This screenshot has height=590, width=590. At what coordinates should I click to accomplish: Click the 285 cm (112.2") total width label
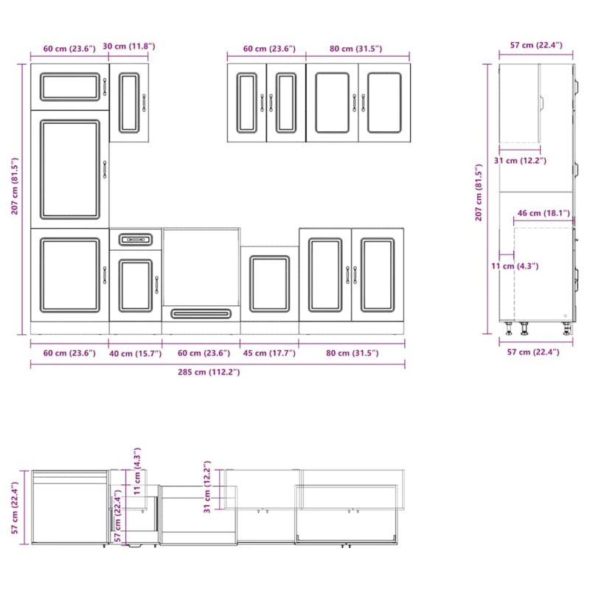[209, 372]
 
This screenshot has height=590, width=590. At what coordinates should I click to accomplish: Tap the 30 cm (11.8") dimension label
[128, 46]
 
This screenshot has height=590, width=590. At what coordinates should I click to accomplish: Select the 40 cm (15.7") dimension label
[136, 353]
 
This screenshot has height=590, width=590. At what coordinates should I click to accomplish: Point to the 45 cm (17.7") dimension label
[269, 353]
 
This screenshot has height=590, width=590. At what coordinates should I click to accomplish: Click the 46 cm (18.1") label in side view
[544, 213]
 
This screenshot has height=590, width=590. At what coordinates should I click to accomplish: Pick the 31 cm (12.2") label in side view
[520, 161]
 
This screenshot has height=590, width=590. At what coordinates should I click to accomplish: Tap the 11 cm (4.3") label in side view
[515, 266]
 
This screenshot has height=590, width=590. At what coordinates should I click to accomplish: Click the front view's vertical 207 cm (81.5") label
[15, 186]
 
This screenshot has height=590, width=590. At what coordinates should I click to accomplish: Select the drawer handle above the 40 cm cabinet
[136, 240]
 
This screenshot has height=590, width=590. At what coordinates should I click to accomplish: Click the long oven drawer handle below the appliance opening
[201, 313]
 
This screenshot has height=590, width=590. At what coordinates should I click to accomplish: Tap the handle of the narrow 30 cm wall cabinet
[144, 103]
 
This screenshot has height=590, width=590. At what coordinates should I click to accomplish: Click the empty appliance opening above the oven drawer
[201, 267]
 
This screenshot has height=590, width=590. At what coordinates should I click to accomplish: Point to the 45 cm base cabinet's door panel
[270, 284]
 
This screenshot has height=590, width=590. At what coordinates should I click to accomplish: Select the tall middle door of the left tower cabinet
[70, 170]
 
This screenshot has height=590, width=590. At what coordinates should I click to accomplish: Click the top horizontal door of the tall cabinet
[70, 87]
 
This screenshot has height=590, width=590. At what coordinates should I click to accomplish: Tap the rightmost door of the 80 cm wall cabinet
[384, 103]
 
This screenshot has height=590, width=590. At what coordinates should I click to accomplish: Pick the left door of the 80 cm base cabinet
[325, 275]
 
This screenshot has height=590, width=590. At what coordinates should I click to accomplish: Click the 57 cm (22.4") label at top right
[536, 45]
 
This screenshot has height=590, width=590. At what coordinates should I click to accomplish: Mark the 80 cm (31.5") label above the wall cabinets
[356, 49]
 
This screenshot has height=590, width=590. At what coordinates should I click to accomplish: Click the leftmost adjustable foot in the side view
[509, 327]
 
